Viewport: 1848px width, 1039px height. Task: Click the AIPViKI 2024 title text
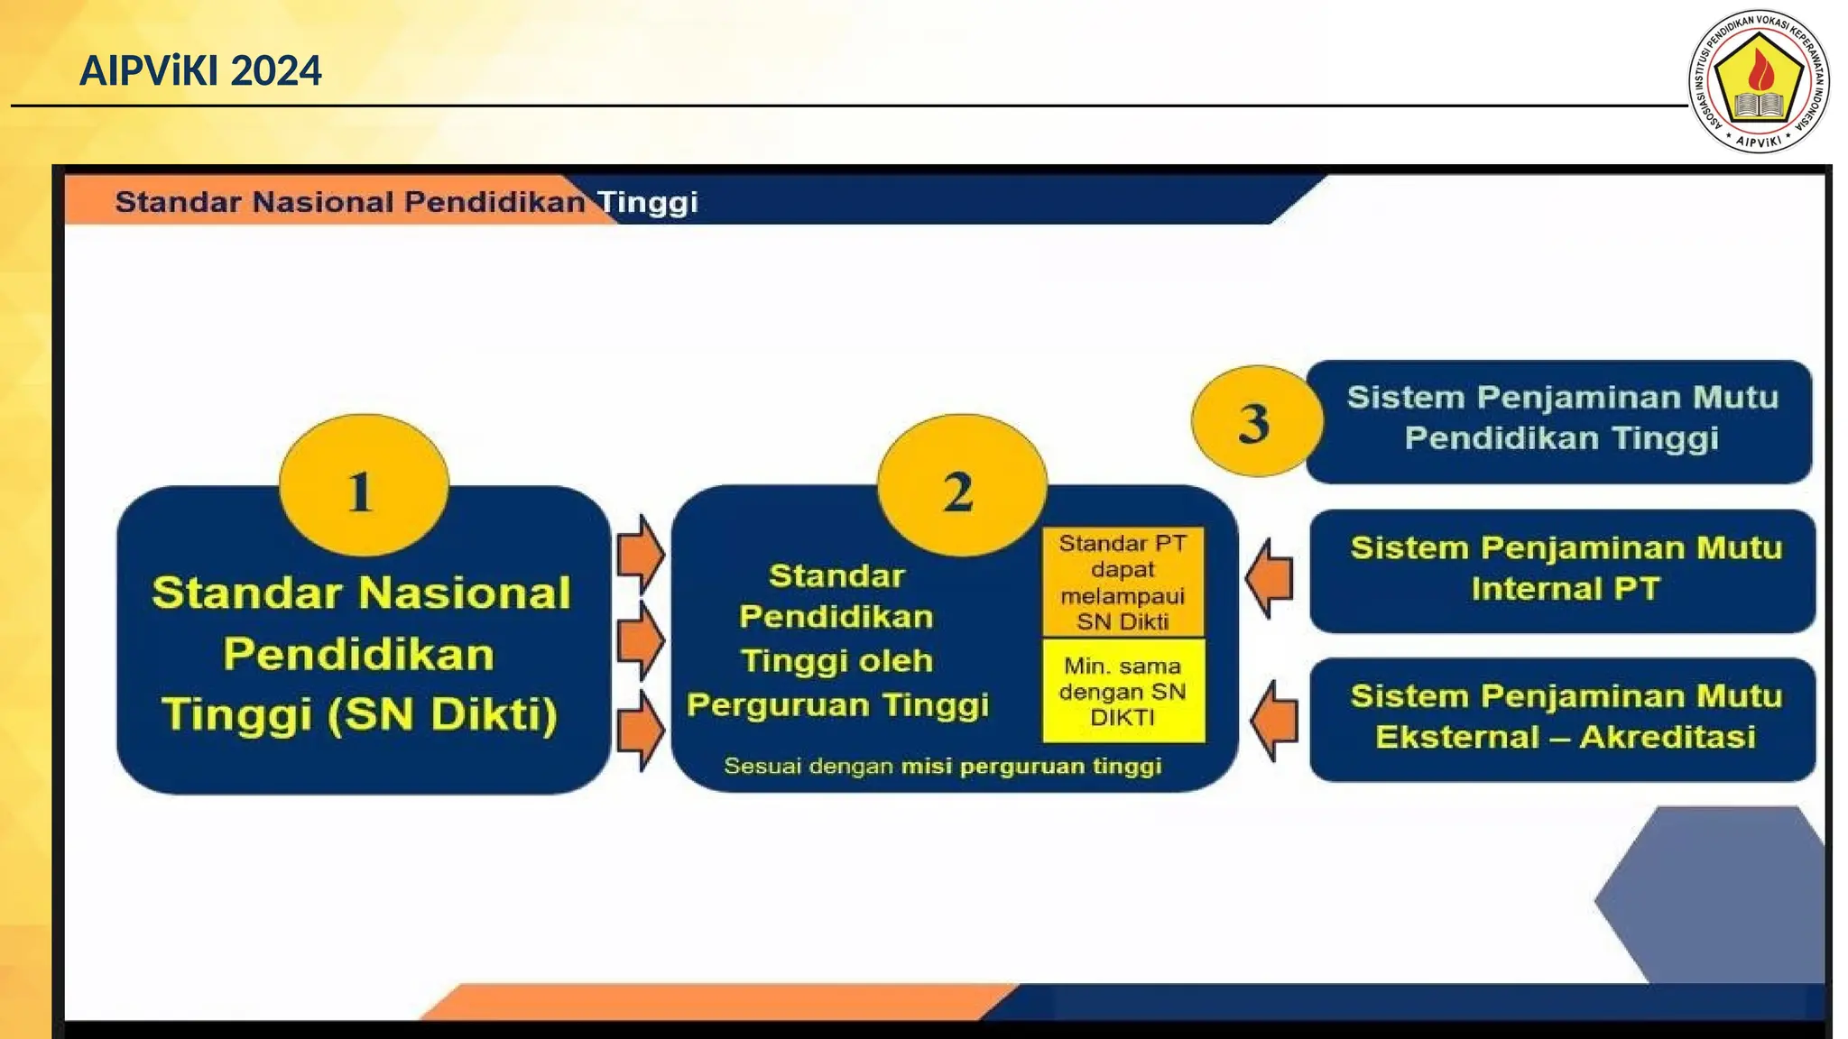[x=199, y=71]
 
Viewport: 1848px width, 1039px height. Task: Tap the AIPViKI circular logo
[x=1758, y=81]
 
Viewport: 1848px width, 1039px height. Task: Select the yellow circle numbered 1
[x=363, y=486]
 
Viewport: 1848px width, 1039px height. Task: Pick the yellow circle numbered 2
[x=961, y=486]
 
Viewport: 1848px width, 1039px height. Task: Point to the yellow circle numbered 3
[x=1254, y=421]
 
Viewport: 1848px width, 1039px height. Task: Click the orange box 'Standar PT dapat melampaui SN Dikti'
[x=1123, y=582]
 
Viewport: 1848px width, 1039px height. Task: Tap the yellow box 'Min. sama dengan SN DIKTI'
[x=1123, y=692]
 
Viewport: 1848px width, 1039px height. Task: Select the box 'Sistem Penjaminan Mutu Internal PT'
[x=1562, y=570]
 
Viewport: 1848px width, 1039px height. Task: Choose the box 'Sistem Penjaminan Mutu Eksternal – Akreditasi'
[x=1562, y=718]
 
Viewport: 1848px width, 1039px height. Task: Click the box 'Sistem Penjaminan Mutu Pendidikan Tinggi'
[x=1559, y=420]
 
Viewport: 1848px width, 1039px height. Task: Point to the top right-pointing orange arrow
[x=640, y=553]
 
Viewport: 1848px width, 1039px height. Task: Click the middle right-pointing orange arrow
[x=640, y=641]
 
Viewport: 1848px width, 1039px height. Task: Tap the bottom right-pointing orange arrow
[x=640, y=729]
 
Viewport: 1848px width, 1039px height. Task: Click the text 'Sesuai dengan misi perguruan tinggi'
[x=942, y=767]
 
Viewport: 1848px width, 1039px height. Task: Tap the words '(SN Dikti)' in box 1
[x=442, y=714]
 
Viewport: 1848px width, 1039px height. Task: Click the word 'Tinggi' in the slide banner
[x=648, y=202]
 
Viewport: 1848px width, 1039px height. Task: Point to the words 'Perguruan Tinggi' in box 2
[x=837, y=704]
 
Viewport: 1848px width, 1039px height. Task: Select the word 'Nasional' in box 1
[x=465, y=593]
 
